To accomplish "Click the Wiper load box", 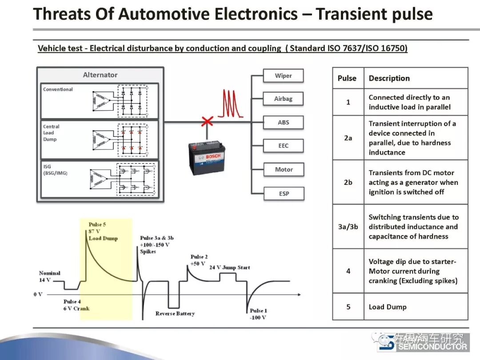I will point(283,76).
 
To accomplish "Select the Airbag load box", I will point(283,99).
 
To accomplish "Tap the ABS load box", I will point(283,122).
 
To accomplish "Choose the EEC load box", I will point(283,146).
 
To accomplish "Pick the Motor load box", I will point(283,169).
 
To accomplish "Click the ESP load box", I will point(283,193).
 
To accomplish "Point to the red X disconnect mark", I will point(207,120).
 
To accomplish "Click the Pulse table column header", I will point(347,78).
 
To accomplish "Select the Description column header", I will point(389,78).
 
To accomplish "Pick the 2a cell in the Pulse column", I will point(348,138).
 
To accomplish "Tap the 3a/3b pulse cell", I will point(348,227).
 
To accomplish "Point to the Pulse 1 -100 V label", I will point(258,314).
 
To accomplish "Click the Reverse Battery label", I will point(175,313).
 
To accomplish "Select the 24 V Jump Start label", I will point(230,268).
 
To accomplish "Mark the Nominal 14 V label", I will point(49,276).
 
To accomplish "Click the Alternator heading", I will point(100,75).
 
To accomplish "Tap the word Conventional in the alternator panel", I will point(58,89).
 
